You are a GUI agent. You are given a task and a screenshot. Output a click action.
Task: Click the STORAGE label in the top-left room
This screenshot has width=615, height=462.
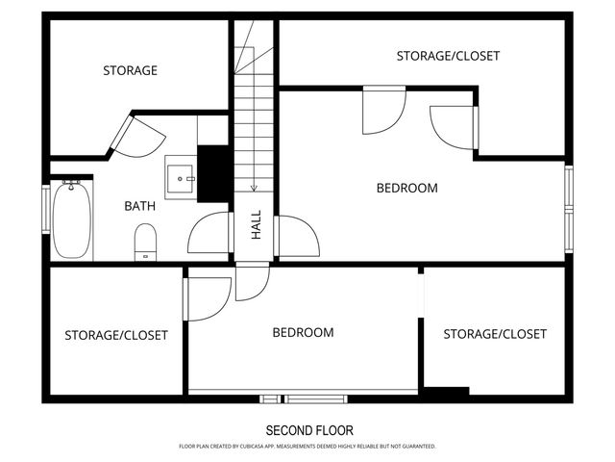click(x=131, y=70)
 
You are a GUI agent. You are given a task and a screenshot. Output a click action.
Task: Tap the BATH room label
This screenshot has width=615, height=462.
click(x=139, y=206)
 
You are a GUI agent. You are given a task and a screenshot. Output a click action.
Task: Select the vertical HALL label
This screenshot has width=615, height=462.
click(x=257, y=224)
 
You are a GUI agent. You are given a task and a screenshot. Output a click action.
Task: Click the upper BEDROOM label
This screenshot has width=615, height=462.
click(x=407, y=189)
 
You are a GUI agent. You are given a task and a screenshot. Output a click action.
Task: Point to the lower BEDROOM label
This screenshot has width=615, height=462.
click(x=304, y=333)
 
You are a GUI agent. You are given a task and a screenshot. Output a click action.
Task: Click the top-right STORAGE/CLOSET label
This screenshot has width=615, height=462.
click(x=448, y=56)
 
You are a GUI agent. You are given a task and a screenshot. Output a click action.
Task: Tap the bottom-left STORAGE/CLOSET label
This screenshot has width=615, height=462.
click(x=116, y=335)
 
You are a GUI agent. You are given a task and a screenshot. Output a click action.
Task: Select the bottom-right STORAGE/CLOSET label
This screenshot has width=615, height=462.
click(x=495, y=334)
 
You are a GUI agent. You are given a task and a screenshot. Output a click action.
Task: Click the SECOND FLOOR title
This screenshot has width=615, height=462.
click(x=309, y=430)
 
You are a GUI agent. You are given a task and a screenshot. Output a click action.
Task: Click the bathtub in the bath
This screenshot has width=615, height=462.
click(x=72, y=220)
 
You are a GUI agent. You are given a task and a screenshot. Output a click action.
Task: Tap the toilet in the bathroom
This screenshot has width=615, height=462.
click(x=145, y=243)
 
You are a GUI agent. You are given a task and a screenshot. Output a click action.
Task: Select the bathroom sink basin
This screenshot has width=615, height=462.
click(x=181, y=179)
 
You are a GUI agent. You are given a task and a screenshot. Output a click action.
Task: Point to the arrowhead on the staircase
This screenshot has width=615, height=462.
click(x=254, y=189)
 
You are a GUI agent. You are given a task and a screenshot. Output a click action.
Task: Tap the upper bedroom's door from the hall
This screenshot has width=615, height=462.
click(x=297, y=236)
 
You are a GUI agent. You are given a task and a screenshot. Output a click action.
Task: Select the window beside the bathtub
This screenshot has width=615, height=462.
click(x=46, y=209)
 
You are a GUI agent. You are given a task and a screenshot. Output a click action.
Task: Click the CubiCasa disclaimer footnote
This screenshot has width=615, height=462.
click(x=307, y=447)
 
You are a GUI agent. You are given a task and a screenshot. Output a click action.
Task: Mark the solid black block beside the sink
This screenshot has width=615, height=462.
click(x=213, y=174)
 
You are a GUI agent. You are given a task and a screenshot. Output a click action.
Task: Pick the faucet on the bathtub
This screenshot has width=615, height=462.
click(x=71, y=185)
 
